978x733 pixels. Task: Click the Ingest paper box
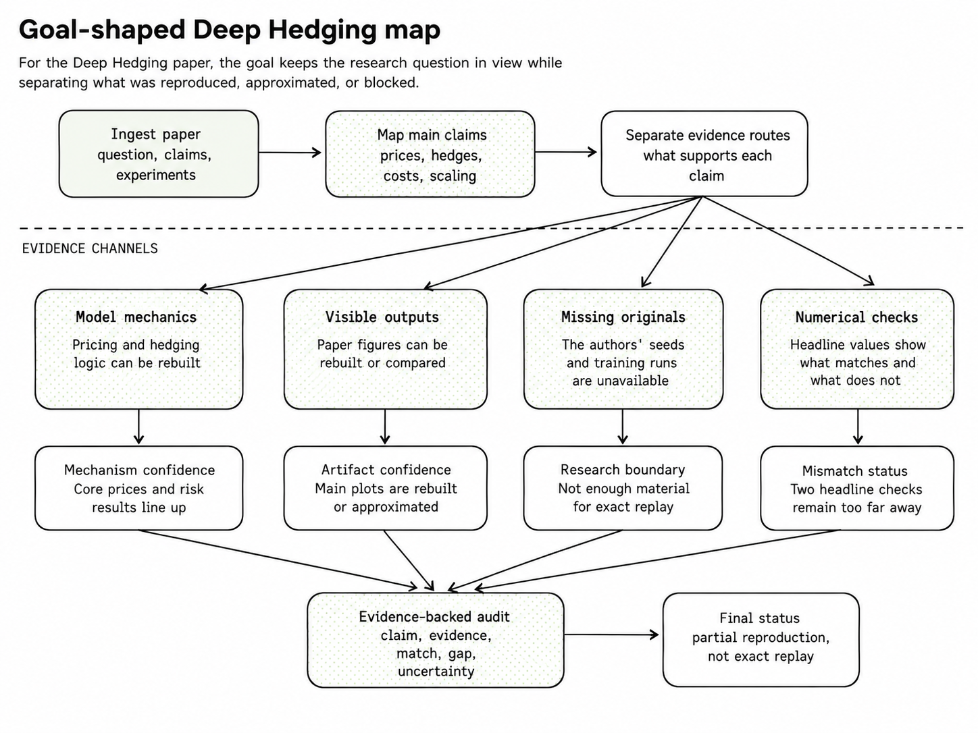[159, 154]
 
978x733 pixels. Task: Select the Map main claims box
[430, 154]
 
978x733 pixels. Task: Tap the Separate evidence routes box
[704, 153]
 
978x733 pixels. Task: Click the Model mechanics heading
[136, 317]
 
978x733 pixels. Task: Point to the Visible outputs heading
[382, 317]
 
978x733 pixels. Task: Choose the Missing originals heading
[623, 317]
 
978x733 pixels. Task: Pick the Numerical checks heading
[857, 317]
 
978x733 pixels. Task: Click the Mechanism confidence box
[139, 488]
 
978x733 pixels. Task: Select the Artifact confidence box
[386, 488]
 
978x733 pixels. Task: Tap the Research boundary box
[623, 488]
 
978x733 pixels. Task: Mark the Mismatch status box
[857, 488]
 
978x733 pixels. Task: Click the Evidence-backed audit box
[436, 640]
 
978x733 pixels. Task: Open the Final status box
[761, 640]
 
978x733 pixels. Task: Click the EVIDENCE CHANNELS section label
[90, 248]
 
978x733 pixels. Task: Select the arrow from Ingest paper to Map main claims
[290, 153]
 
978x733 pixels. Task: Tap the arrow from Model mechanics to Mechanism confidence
[138, 427]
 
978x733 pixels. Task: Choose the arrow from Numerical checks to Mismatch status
[858, 427]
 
